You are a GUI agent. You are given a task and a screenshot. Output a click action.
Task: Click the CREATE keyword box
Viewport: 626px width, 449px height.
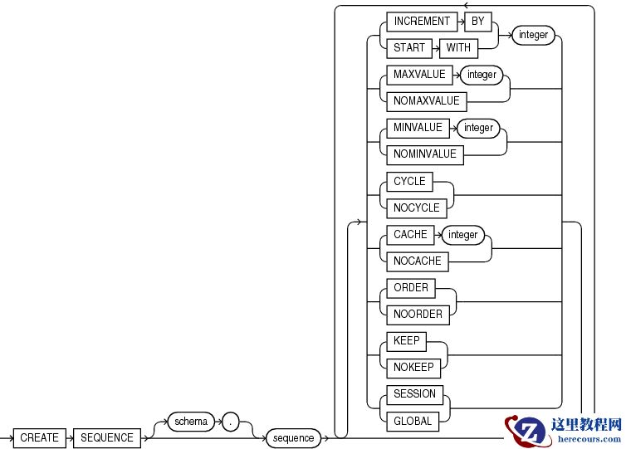tap(39, 437)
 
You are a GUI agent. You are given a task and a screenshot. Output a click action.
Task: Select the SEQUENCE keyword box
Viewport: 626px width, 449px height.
tap(107, 437)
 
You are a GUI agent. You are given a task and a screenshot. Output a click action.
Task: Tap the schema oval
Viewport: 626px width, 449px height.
tap(191, 422)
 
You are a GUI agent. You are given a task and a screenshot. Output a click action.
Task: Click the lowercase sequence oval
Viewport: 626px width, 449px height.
tap(294, 437)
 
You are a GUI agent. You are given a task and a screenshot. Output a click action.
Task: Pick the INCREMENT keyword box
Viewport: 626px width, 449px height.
tap(422, 22)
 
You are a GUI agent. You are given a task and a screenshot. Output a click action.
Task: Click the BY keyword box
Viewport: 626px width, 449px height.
tap(478, 22)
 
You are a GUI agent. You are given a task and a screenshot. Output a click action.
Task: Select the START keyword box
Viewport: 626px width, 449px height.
tap(409, 47)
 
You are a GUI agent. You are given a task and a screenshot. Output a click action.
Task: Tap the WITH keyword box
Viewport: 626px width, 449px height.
tap(458, 47)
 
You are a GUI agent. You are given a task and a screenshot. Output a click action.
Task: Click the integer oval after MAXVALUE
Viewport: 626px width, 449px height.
tap(482, 75)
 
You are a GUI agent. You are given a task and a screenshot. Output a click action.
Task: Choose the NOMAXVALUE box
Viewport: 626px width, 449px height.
tap(427, 101)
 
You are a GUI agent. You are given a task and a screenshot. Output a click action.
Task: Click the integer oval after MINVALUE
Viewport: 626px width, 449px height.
tap(478, 128)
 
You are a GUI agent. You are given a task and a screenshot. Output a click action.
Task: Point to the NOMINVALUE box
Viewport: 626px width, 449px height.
tap(425, 154)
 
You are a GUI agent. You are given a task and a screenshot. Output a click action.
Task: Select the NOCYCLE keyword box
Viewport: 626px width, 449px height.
tap(417, 207)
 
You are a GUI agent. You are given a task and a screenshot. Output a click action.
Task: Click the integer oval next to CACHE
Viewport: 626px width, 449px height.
tap(463, 235)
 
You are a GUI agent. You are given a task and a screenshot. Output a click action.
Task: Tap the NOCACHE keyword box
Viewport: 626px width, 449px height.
tap(418, 261)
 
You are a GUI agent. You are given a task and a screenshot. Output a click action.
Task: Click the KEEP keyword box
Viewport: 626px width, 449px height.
tap(407, 341)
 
